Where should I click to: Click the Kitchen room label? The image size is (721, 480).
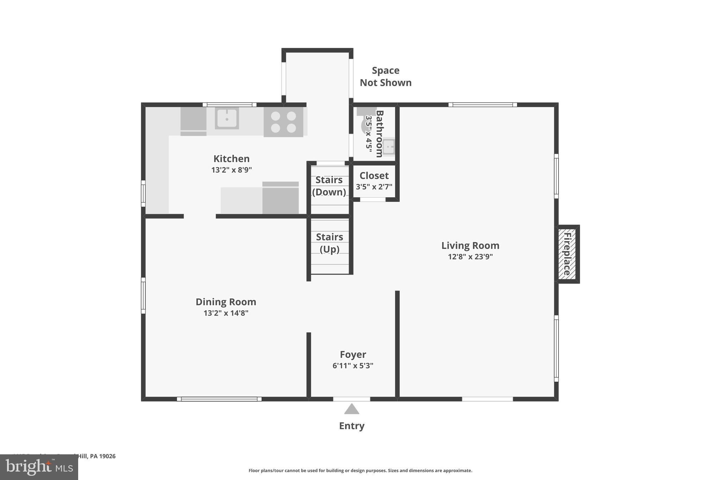pyautogui.click(x=231, y=159)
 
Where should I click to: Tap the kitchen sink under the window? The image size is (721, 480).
pyautogui.click(x=227, y=118)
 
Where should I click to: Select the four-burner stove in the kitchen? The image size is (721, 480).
pyautogui.click(x=283, y=122)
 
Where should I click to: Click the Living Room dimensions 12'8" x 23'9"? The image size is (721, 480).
pyautogui.click(x=470, y=257)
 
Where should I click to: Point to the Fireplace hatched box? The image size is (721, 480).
pyautogui.click(x=567, y=254)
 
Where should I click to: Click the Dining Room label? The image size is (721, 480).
pyautogui.click(x=226, y=302)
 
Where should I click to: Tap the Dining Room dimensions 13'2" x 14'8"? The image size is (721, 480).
pyautogui.click(x=226, y=313)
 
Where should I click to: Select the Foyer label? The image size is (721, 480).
pyautogui.click(x=353, y=354)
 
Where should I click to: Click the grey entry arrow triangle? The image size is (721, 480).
pyautogui.click(x=351, y=409)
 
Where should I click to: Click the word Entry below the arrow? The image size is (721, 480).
pyautogui.click(x=351, y=426)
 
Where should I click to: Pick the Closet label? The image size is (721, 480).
pyautogui.click(x=374, y=175)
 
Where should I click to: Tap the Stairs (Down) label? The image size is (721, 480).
pyautogui.click(x=329, y=186)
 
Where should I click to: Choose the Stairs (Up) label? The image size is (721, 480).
pyautogui.click(x=330, y=243)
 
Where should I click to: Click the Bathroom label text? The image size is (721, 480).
pyautogui.click(x=380, y=134)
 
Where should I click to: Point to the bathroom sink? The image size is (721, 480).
pyautogui.click(x=389, y=147)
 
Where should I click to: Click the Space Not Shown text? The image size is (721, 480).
pyautogui.click(x=385, y=76)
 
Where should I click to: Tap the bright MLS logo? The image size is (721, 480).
pyautogui.click(x=39, y=467)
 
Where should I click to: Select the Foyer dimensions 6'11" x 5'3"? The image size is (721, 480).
pyautogui.click(x=353, y=366)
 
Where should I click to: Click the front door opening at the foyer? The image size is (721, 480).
pyautogui.click(x=351, y=399)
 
